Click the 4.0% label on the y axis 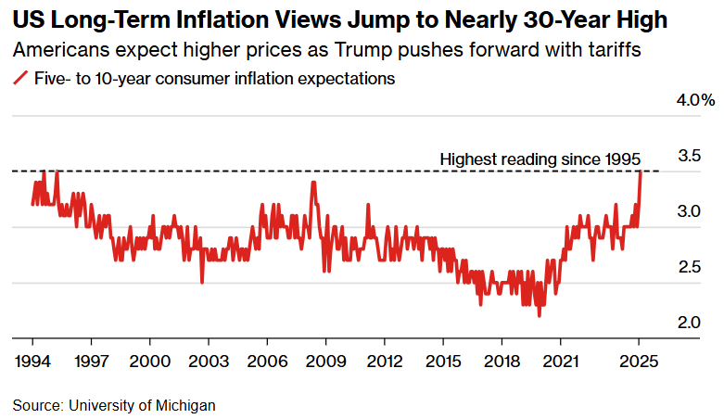coord(695,99)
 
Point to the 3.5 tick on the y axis coord(689,155)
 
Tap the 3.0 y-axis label coord(689,210)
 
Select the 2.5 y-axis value coord(689,267)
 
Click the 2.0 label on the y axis coord(689,323)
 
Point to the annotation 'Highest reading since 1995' coord(540,159)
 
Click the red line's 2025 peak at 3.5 coord(640,171)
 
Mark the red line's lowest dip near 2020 coord(539,316)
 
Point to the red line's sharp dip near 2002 coord(202,282)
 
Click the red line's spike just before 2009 coord(313,182)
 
